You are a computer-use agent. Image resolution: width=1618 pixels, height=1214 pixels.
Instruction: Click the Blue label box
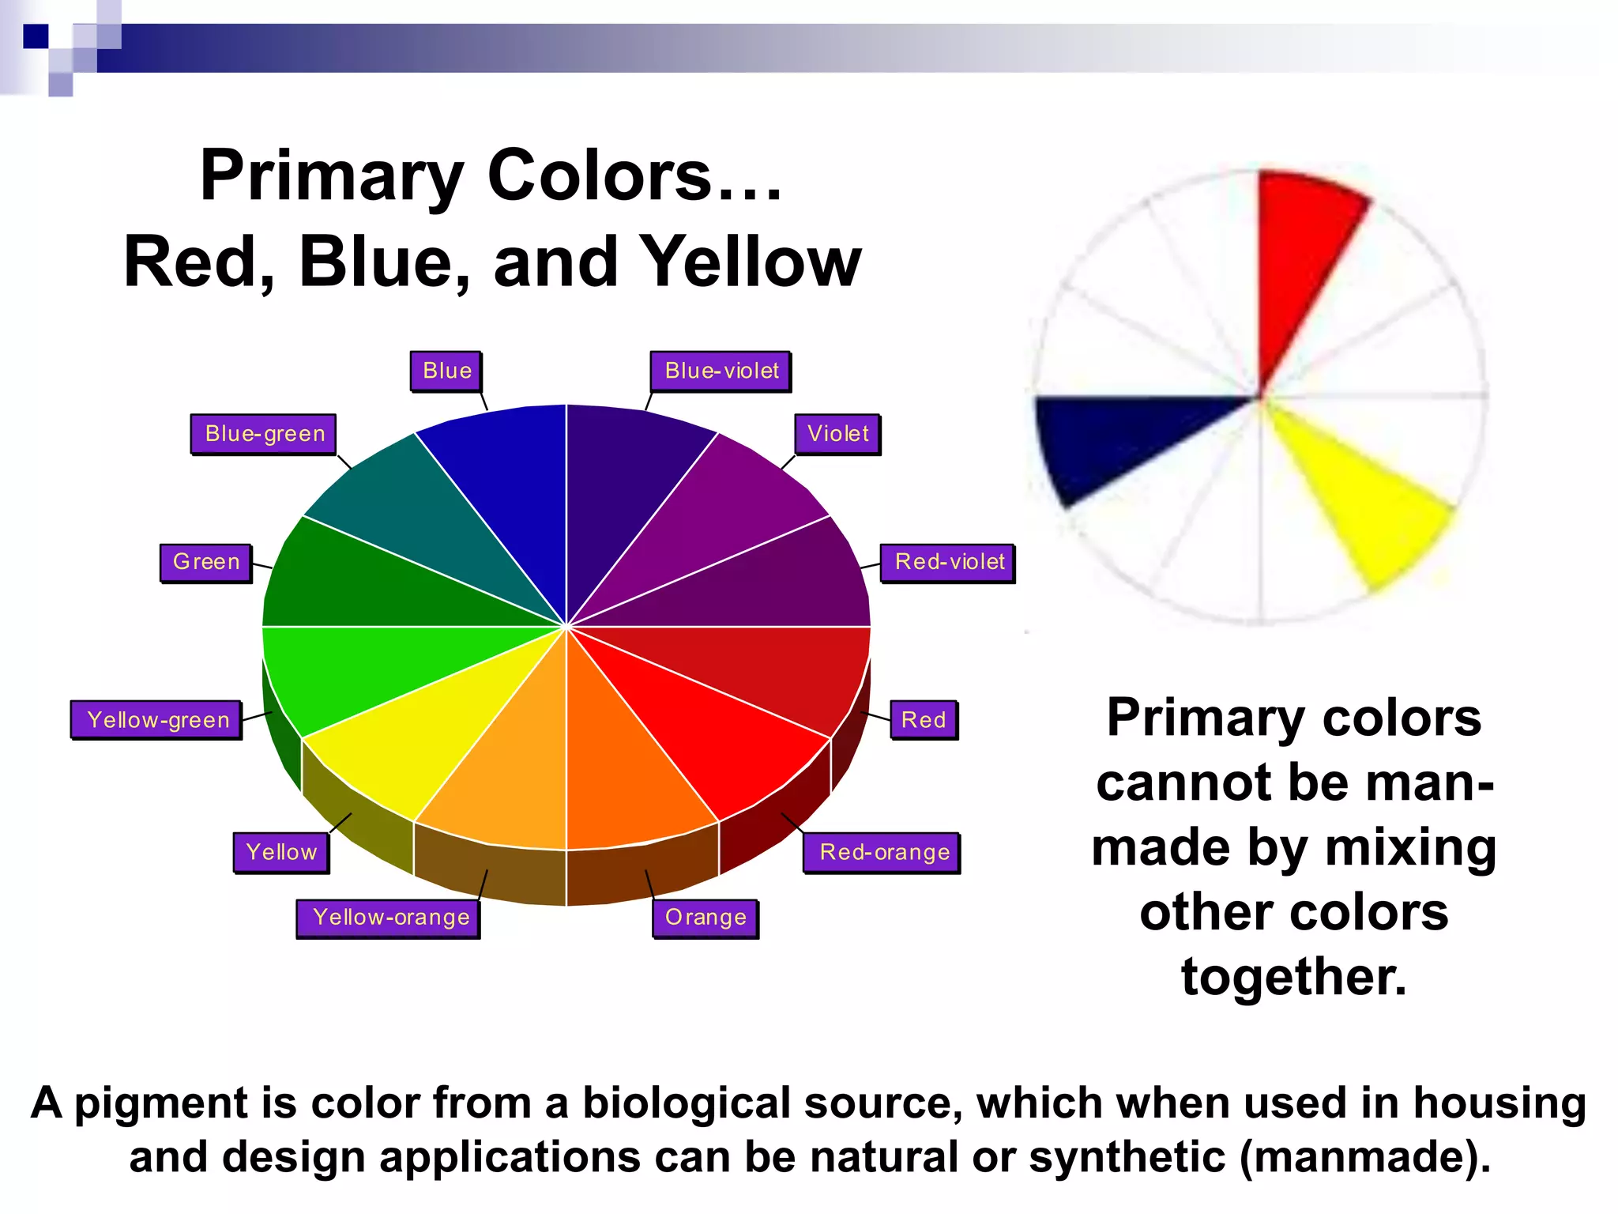click(x=446, y=371)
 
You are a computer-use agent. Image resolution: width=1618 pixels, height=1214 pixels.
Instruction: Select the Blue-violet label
click(x=721, y=371)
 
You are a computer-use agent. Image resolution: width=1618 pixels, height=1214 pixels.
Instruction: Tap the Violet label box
click(x=837, y=434)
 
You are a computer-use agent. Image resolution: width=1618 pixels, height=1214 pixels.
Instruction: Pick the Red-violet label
click(x=948, y=562)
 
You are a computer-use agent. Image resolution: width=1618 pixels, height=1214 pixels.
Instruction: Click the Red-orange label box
click(x=883, y=852)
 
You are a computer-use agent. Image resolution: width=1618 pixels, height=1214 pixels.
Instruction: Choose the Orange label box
click(x=706, y=918)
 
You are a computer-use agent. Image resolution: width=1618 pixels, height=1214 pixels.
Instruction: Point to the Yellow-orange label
click(x=389, y=918)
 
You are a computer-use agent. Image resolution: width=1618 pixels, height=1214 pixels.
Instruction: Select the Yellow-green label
click(x=157, y=720)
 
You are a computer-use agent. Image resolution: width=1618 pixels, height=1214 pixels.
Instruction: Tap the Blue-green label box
click(x=264, y=434)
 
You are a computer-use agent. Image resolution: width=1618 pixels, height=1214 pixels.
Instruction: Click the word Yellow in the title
click(x=751, y=262)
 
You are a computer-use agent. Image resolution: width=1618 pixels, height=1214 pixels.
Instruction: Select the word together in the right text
click(x=1293, y=977)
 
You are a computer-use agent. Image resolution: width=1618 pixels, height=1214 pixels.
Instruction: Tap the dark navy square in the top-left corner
click(x=36, y=36)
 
